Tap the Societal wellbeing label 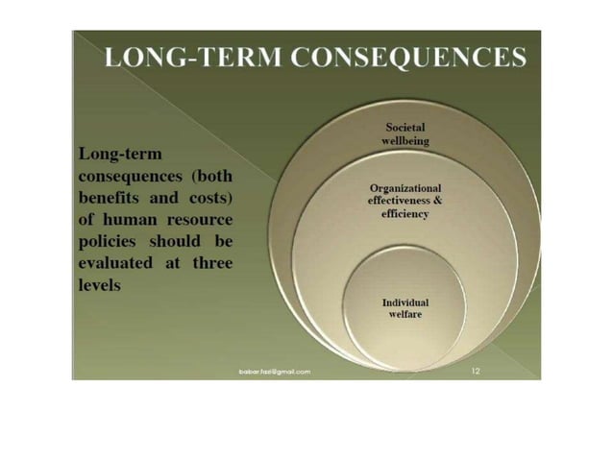point(405,133)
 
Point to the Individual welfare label point(405,308)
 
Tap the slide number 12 point(476,369)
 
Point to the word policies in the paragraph point(107,242)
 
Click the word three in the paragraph point(211,264)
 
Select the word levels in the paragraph point(98,286)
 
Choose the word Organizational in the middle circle point(405,188)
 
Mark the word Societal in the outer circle point(405,127)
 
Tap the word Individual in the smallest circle point(405,302)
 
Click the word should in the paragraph point(178,242)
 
